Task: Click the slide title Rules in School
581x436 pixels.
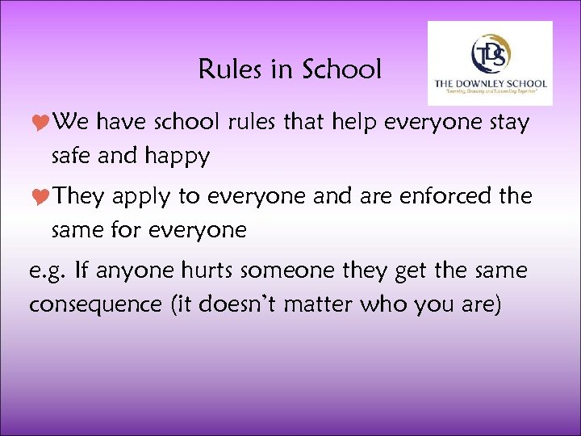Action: (x=290, y=70)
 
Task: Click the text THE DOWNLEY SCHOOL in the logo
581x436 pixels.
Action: (x=490, y=83)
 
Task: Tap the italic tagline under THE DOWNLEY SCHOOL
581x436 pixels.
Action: (x=490, y=94)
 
